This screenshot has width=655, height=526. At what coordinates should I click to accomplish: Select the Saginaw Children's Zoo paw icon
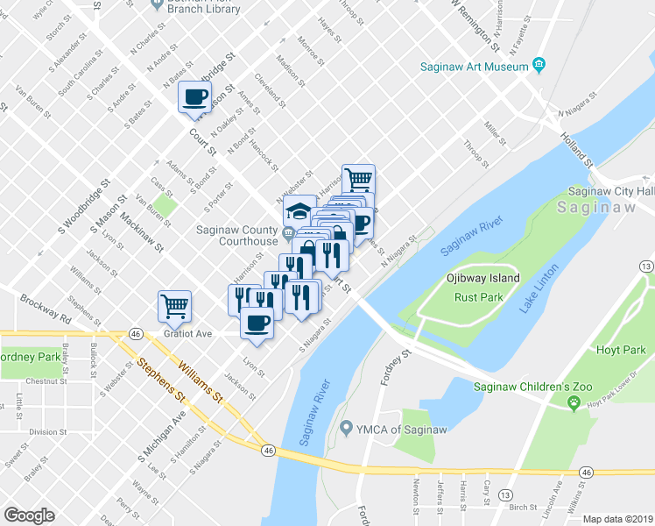click(x=574, y=402)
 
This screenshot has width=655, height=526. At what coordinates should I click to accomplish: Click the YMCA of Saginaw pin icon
click(x=346, y=428)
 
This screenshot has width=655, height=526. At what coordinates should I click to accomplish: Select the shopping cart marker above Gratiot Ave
click(x=174, y=305)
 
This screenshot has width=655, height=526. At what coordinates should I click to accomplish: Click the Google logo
click(x=29, y=515)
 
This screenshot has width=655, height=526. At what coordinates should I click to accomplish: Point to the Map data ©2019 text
click(x=617, y=519)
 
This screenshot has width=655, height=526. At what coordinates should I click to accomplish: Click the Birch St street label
click(x=522, y=507)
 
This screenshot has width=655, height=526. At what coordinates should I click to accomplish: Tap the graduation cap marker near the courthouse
click(x=299, y=210)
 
